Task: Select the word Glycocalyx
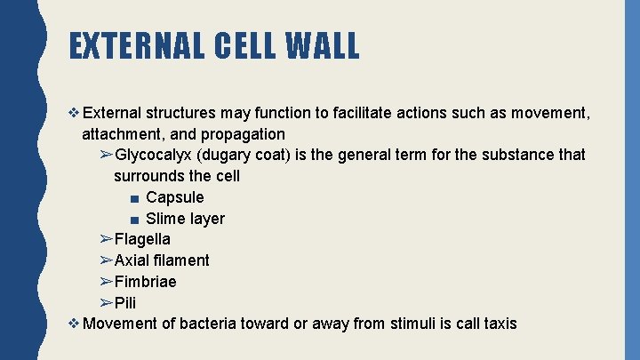point(155,155)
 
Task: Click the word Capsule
point(174,197)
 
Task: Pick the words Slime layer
point(185,219)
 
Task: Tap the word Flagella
point(142,239)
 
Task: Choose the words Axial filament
point(162,260)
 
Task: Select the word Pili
point(125,303)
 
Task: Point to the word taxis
point(500,324)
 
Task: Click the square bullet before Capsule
point(132,198)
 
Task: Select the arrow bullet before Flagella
point(105,239)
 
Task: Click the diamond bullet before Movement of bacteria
point(74,324)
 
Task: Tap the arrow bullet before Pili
point(105,303)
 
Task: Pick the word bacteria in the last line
point(208,324)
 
